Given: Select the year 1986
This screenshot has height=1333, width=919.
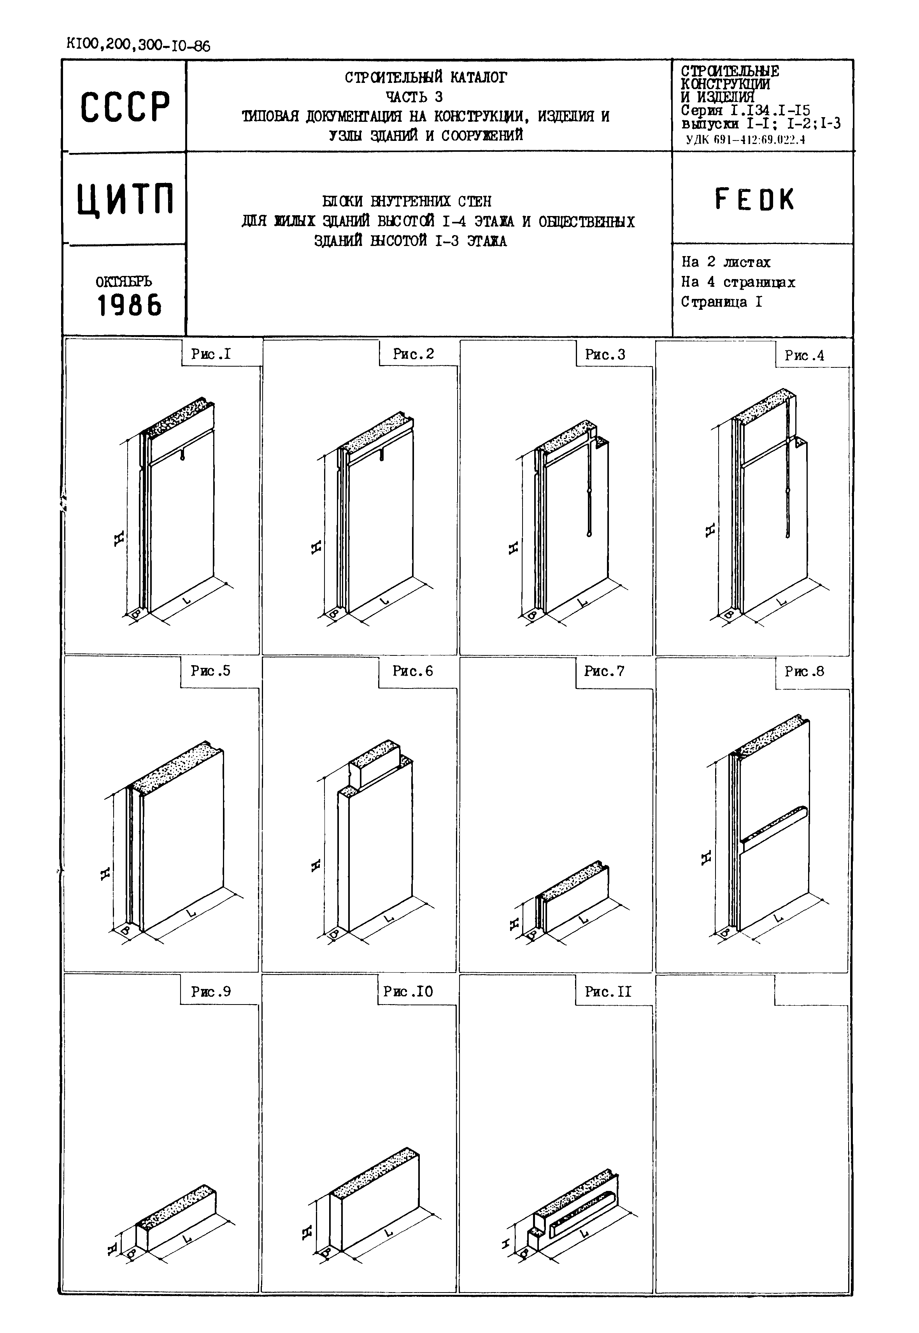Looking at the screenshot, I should tap(129, 305).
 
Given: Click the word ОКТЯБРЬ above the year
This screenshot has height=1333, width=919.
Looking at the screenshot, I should tap(123, 282).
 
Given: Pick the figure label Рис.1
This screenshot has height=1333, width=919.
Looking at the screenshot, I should tap(211, 354).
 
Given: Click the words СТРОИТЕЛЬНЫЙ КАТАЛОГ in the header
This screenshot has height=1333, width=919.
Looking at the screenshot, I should tap(426, 77).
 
